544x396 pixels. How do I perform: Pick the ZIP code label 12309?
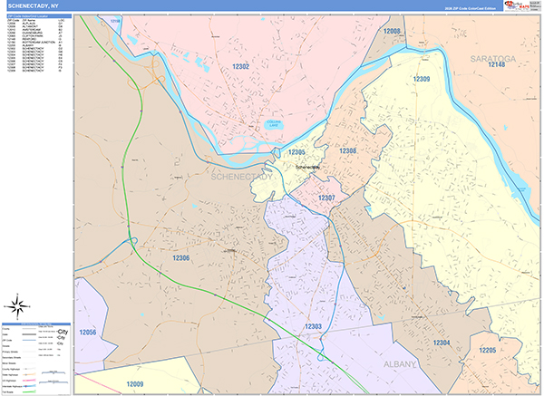click(x=421, y=80)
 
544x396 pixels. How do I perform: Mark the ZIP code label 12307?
click(x=326, y=198)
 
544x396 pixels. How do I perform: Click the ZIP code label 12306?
click(x=180, y=258)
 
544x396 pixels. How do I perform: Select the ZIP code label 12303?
click(x=314, y=326)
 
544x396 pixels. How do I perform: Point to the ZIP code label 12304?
click(x=442, y=342)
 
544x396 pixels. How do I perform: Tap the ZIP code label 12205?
click(x=488, y=349)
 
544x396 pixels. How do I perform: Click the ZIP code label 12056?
click(x=88, y=333)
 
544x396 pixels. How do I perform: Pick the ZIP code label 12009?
click(x=134, y=384)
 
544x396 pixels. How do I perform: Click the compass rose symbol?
click(x=18, y=304)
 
